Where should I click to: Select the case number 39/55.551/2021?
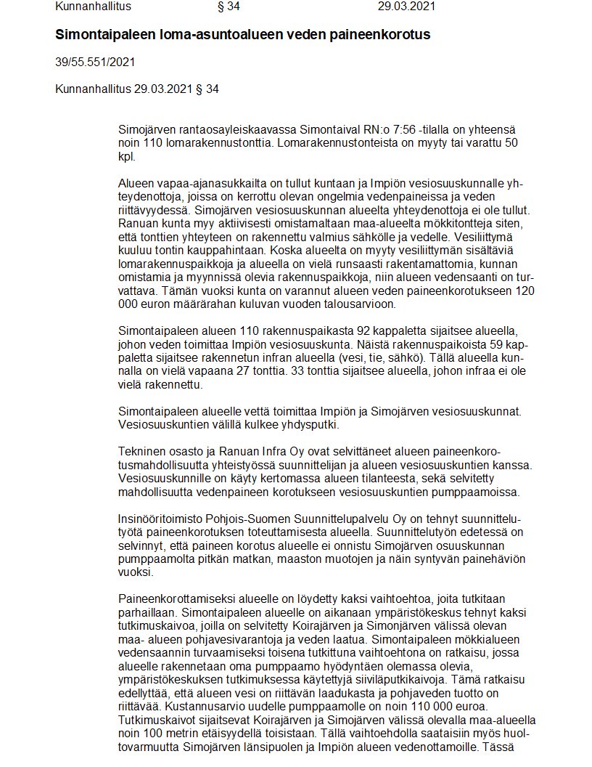(x=94, y=62)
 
